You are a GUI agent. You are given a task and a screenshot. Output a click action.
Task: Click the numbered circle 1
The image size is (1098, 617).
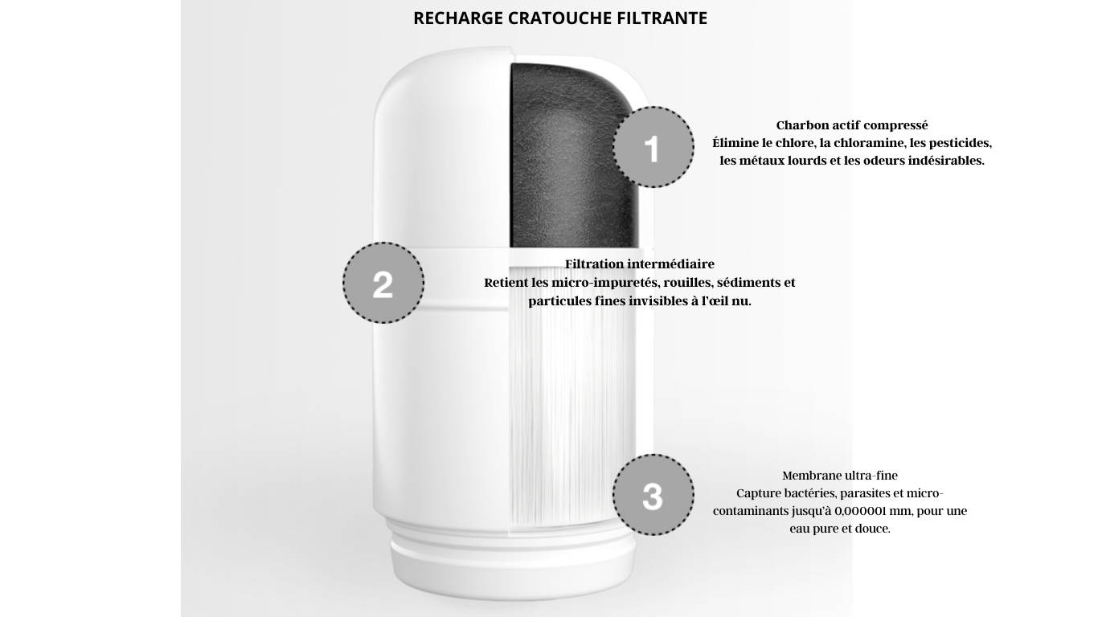click(653, 147)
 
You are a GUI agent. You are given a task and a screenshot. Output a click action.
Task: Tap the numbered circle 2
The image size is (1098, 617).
click(383, 283)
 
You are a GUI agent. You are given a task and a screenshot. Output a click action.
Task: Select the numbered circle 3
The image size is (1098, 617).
click(653, 495)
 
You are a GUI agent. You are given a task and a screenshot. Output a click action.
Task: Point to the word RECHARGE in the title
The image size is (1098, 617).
click(458, 18)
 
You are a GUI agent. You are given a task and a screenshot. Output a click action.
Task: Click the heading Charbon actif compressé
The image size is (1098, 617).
click(852, 125)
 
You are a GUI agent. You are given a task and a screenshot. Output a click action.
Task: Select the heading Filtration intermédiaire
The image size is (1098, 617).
click(640, 264)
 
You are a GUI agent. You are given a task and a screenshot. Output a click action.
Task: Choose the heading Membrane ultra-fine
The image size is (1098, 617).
click(840, 476)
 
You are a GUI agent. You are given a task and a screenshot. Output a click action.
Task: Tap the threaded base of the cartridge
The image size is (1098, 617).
click(512, 554)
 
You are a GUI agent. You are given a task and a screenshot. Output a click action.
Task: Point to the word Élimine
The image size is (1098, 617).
click(735, 143)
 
